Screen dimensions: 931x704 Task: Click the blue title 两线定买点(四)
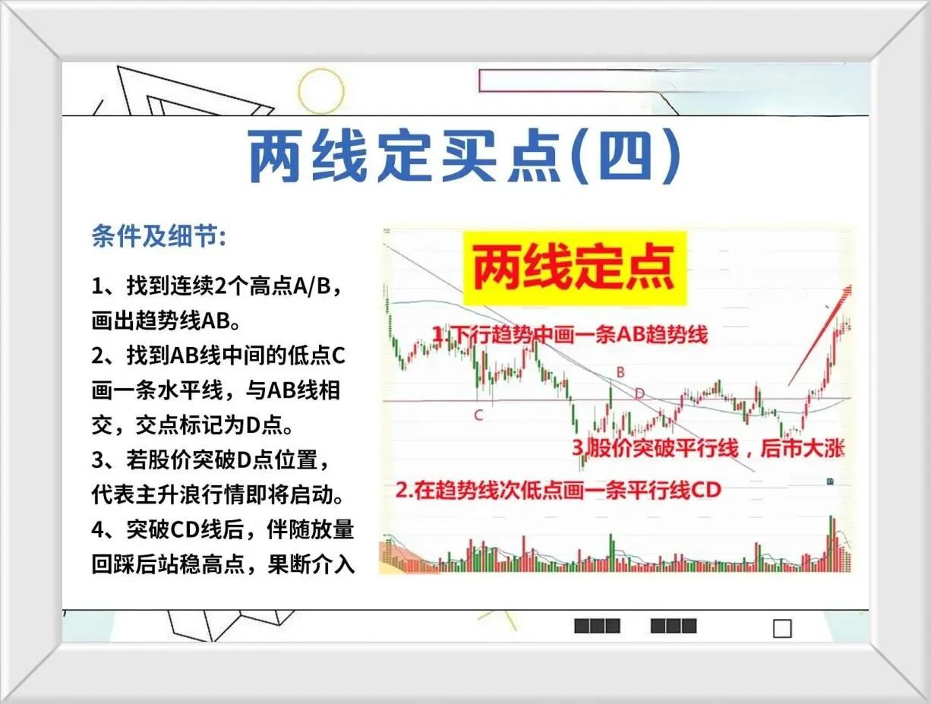(465, 156)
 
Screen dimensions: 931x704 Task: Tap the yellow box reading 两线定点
(575, 268)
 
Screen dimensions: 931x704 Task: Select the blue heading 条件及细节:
(159, 235)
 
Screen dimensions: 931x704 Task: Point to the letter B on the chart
(620, 372)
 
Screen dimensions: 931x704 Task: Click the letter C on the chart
(478, 415)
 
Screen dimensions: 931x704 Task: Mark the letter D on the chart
(639, 394)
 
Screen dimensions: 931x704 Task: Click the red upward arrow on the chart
(819, 336)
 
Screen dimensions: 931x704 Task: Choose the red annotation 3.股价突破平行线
(709, 449)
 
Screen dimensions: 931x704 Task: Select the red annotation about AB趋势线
(570, 335)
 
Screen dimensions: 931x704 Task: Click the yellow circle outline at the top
(320, 91)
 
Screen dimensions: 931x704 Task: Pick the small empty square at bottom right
(783, 629)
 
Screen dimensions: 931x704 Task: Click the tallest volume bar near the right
(832, 544)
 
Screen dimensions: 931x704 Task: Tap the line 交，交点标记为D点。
(192, 425)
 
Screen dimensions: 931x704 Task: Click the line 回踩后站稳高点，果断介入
(223, 564)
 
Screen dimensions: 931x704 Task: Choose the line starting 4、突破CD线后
(223, 529)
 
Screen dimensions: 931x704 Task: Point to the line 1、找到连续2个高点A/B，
(216, 286)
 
